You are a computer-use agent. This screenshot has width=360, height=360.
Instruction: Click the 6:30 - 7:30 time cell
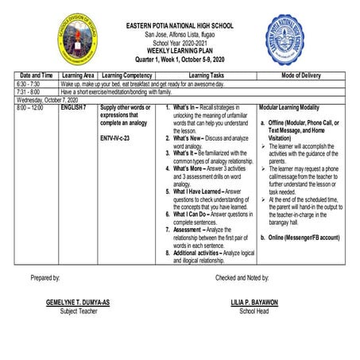[28, 83]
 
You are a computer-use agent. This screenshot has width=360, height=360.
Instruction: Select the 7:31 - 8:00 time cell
[28, 91]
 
